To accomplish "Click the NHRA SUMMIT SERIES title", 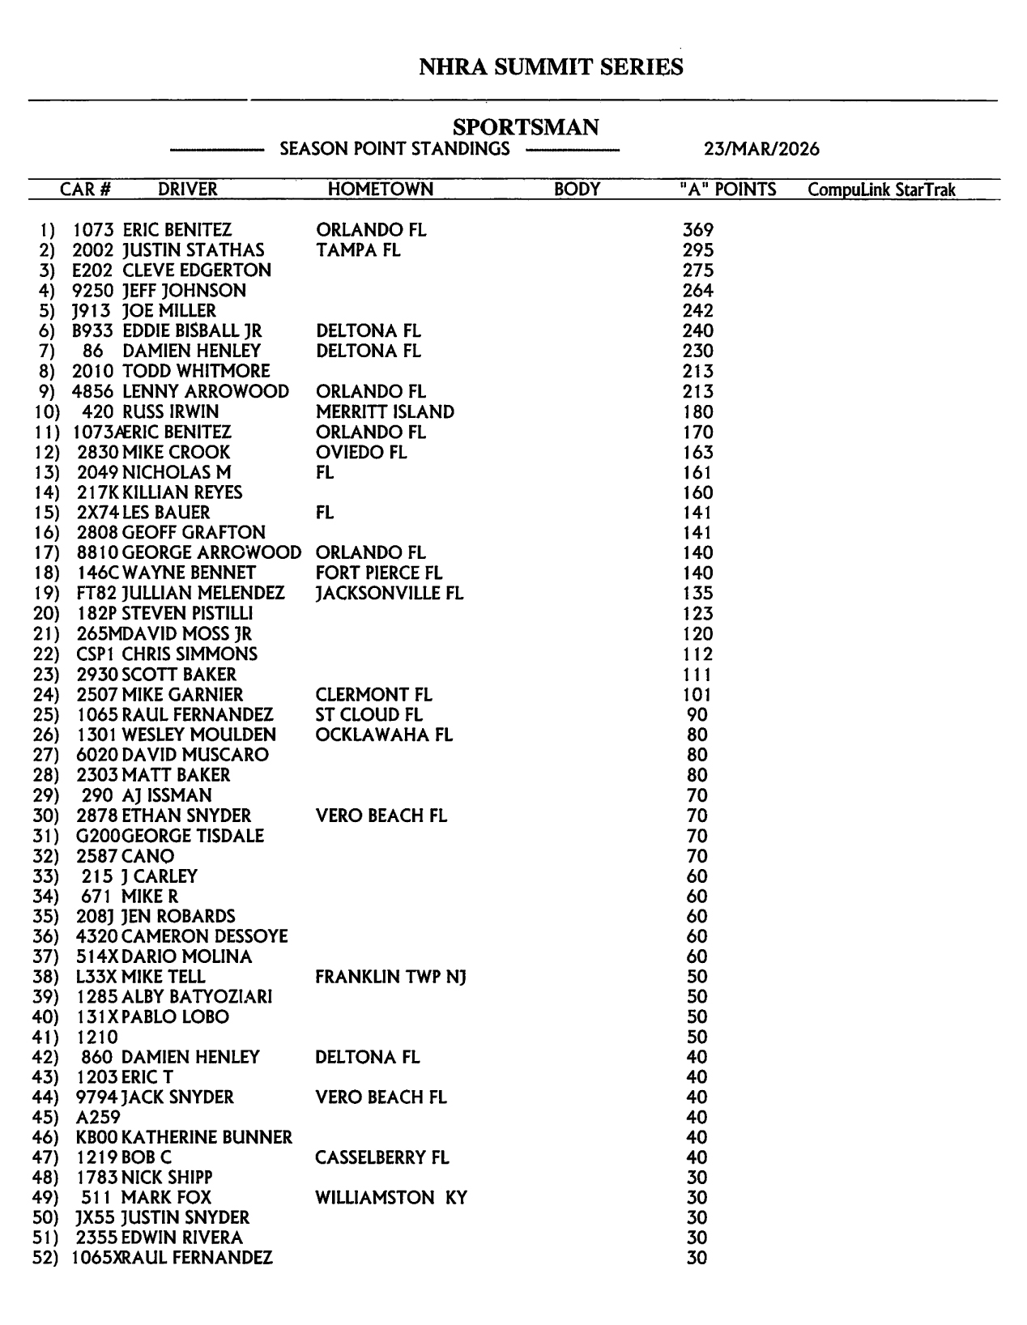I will pyautogui.click(x=551, y=66).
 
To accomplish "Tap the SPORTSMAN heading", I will pyautogui.click(x=526, y=127).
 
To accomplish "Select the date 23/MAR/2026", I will pyautogui.click(x=761, y=149).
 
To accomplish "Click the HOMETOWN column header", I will pyautogui.click(x=380, y=190).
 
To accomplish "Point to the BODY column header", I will pyautogui.click(x=577, y=190).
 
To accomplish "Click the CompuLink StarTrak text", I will pyautogui.click(x=881, y=190).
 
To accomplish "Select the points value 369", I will pyautogui.click(x=697, y=230).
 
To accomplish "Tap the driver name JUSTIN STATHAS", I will pyautogui.click(x=194, y=250).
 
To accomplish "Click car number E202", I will pyautogui.click(x=92, y=271).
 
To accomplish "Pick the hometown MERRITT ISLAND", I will pyautogui.click(x=385, y=411).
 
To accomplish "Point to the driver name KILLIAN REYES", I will pyautogui.click(x=182, y=492).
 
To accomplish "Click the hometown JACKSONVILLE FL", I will pyautogui.click(x=390, y=593).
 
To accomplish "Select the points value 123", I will pyautogui.click(x=697, y=613).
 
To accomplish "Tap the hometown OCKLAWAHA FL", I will pyautogui.click(x=384, y=735).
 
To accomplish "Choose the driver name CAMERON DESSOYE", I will pyautogui.click(x=205, y=936).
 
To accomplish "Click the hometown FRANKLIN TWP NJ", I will pyautogui.click(x=390, y=977).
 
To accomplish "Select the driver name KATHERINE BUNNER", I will pyautogui.click(x=207, y=1137).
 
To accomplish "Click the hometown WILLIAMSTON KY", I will pyautogui.click(x=391, y=1198).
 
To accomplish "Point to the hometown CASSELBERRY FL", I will pyautogui.click(x=381, y=1157).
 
